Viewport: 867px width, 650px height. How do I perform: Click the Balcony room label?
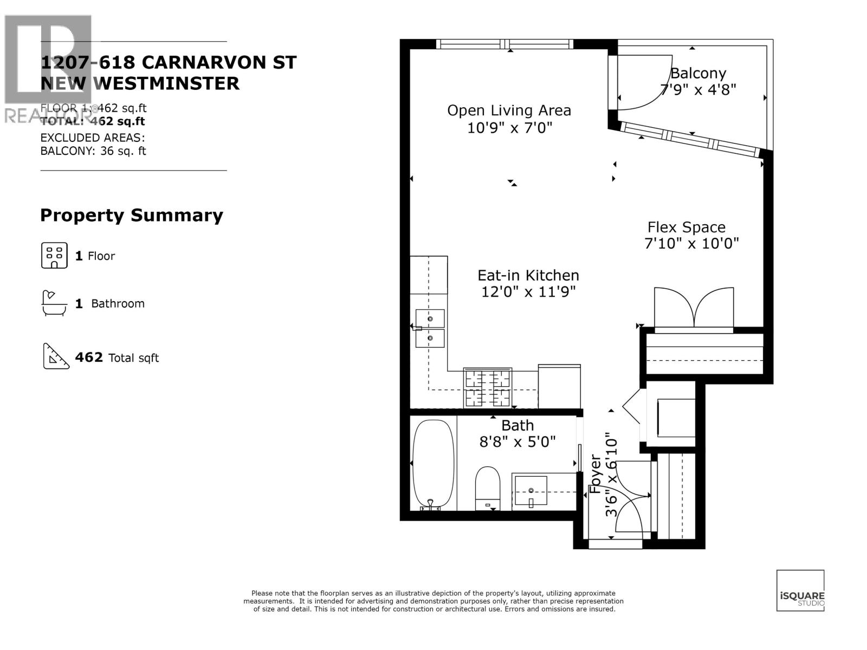pyautogui.click(x=698, y=73)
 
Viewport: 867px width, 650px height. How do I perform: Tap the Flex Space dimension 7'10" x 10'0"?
pyautogui.click(x=691, y=244)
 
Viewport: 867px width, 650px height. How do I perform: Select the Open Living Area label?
pyautogui.click(x=509, y=110)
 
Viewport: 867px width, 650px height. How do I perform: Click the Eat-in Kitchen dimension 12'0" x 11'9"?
pyautogui.click(x=528, y=292)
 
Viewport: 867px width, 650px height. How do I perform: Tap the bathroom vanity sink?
pyautogui.click(x=530, y=491)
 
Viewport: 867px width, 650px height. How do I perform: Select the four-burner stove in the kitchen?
pyautogui.click(x=488, y=387)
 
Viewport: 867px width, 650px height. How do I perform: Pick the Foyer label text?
pyautogui.click(x=595, y=473)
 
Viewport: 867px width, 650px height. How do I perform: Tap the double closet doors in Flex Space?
pyautogui.click(x=694, y=309)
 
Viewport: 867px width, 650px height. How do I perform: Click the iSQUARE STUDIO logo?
pyautogui.click(x=800, y=590)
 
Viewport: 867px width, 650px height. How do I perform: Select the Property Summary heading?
pyautogui.click(x=132, y=216)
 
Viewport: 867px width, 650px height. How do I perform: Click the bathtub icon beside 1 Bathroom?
pyautogui.click(x=54, y=303)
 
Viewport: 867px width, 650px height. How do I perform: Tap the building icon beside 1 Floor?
pyautogui.click(x=54, y=256)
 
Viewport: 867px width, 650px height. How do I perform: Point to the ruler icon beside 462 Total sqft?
pyautogui.click(x=56, y=356)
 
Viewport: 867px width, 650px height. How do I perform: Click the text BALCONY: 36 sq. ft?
pyautogui.click(x=93, y=151)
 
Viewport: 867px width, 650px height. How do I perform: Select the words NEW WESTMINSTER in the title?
pyautogui.click(x=140, y=83)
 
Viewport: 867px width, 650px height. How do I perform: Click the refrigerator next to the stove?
pyautogui.click(x=559, y=386)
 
